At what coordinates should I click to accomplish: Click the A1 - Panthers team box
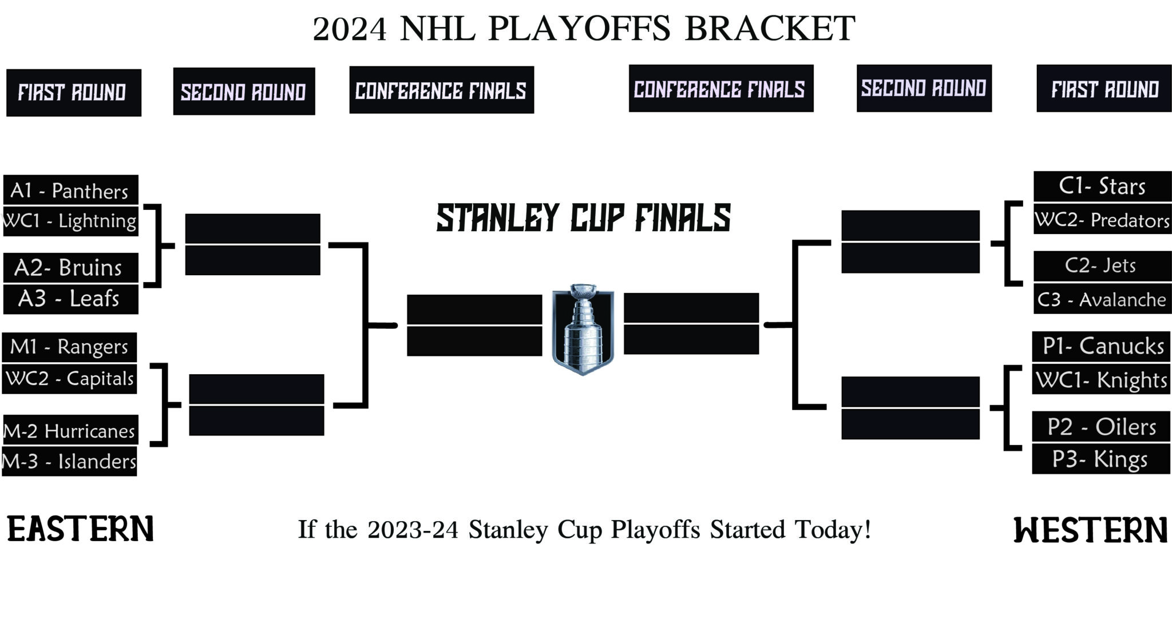pyautogui.click(x=70, y=190)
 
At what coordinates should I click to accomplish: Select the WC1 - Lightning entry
pyautogui.click(x=70, y=221)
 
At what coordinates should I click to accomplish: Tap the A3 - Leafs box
pyautogui.click(x=70, y=299)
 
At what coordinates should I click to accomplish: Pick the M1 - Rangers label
pyautogui.click(x=69, y=347)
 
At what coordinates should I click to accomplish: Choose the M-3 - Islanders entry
pyautogui.click(x=69, y=461)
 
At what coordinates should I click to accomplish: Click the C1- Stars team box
pyautogui.click(x=1102, y=186)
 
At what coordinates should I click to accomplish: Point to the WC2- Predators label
pyautogui.click(x=1102, y=220)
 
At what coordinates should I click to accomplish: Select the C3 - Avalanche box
pyautogui.click(x=1102, y=299)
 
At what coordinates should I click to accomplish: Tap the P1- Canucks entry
pyautogui.click(x=1102, y=346)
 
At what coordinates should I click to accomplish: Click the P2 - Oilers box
pyautogui.click(x=1101, y=427)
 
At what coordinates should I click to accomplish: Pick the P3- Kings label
pyautogui.click(x=1101, y=459)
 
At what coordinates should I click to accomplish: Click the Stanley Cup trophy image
pyautogui.click(x=583, y=329)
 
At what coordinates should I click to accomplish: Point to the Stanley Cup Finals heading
pyautogui.click(x=583, y=218)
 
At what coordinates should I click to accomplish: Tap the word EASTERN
pyautogui.click(x=80, y=529)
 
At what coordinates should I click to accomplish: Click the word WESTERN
pyautogui.click(x=1090, y=530)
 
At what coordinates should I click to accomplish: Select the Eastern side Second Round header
pyautogui.click(x=244, y=92)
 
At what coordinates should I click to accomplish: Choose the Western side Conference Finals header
pyautogui.click(x=720, y=89)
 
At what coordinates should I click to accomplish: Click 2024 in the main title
pyautogui.click(x=350, y=29)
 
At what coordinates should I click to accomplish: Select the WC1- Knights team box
pyautogui.click(x=1101, y=380)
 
